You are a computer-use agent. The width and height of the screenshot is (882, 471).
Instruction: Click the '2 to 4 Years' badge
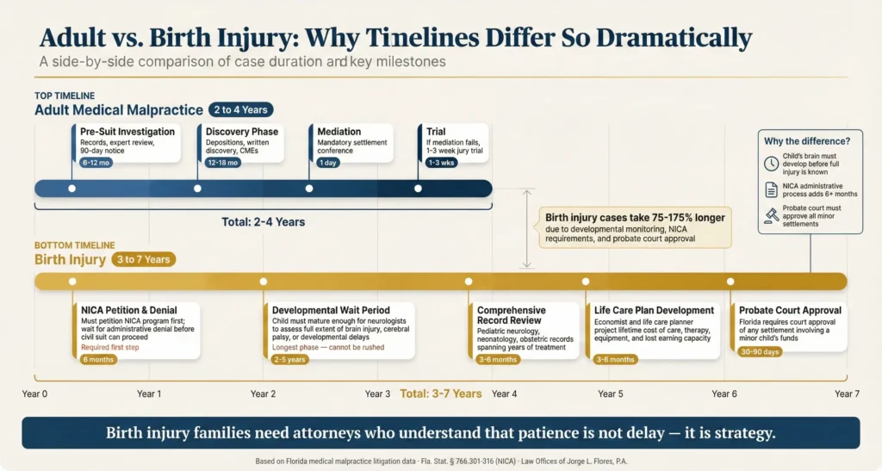(239, 109)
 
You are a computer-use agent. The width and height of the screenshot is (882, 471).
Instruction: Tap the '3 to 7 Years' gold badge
(143, 258)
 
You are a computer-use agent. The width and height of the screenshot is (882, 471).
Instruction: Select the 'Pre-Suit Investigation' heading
(127, 132)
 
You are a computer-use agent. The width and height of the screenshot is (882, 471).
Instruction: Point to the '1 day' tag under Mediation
(328, 161)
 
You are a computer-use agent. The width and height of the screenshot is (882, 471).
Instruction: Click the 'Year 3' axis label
(377, 394)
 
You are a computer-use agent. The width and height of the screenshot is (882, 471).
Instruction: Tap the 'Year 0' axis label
(34, 394)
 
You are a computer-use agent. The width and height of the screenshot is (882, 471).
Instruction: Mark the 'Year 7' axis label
(847, 394)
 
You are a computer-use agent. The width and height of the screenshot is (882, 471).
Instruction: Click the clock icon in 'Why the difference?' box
(772, 164)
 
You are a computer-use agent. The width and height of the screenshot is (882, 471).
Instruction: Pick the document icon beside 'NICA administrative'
(772, 190)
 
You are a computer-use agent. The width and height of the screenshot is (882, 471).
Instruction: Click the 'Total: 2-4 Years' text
(263, 221)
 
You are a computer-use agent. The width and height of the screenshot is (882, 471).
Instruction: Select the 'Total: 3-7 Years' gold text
(441, 394)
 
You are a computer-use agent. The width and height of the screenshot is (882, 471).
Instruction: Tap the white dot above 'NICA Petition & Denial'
(72, 281)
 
